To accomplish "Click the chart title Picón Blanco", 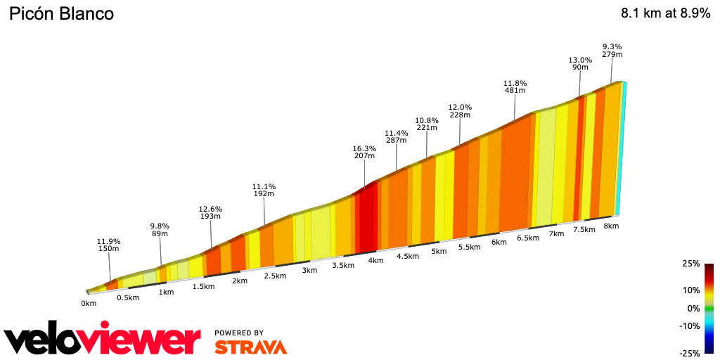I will pyautogui.click(x=60, y=14).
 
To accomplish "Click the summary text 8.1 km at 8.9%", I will pyautogui.click(x=665, y=13).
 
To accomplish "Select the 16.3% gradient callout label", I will pyautogui.click(x=364, y=153).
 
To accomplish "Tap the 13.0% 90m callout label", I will pyautogui.click(x=580, y=64).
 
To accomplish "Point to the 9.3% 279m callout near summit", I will pyautogui.click(x=612, y=51).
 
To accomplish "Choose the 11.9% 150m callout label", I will pyautogui.click(x=109, y=245).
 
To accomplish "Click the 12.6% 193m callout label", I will pyautogui.click(x=210, y=213).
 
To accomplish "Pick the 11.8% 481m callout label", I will pyautogui.click(x=515, y=86).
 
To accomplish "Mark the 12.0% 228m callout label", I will pyautogui.click(x=460, y=111).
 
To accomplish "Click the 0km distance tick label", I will pyautogui.click(x=89, y=304).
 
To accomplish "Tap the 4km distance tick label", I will pyautogui.click(x=375, y=260).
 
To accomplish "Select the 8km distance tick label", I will pyautogui.click(x=610, y=226).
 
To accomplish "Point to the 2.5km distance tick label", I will pyautogui.click(x=274, y=276).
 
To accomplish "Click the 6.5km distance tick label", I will pyautogui.click(x=527, y=238).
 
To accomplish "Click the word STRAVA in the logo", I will pyautogui.click(x=250, y=347).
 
